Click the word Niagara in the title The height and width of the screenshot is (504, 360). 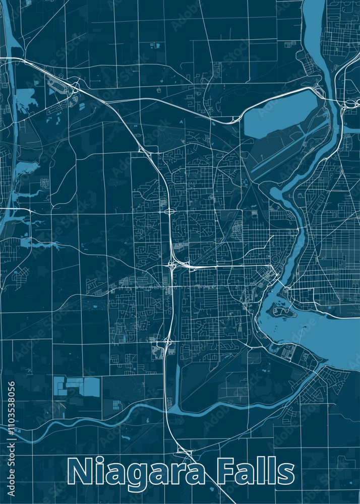pos(136,473)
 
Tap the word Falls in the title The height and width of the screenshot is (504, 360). pos(256,473)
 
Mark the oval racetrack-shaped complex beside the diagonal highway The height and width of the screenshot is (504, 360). pos(59,87)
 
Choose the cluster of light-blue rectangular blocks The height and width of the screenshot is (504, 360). pos(76,386)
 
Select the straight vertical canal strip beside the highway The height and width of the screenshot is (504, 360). pos(177,383)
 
